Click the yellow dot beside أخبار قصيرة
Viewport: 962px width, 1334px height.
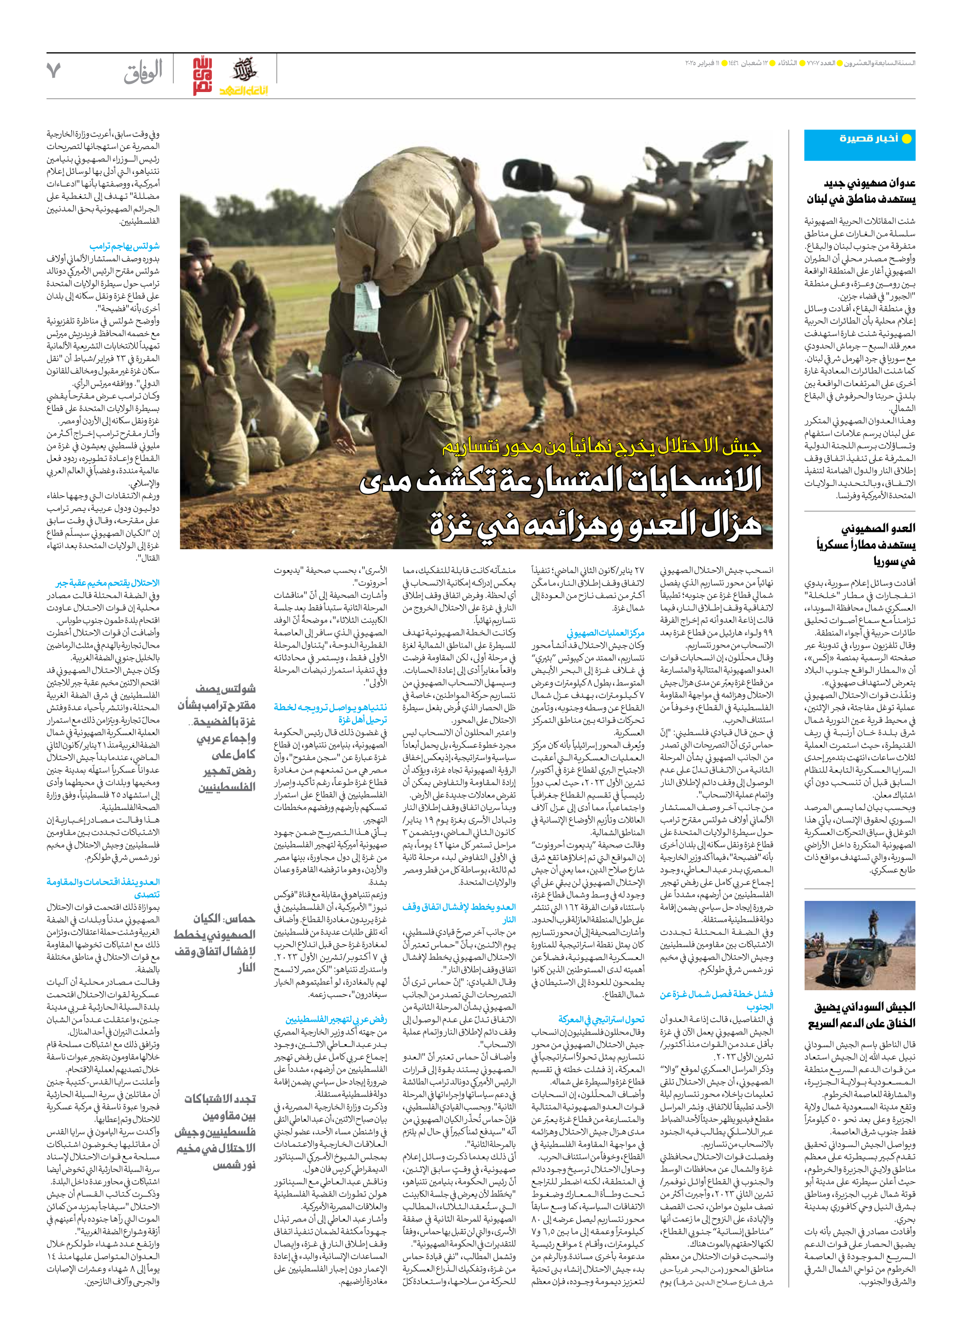point(907,139)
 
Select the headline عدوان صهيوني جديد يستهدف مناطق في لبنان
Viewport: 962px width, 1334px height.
point(861,191)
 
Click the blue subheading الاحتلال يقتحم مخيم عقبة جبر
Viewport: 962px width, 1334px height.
point(108,583)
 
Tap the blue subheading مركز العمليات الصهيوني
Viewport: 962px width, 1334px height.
point(605,633)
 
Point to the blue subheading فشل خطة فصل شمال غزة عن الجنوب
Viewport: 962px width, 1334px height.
point(716,1000)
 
